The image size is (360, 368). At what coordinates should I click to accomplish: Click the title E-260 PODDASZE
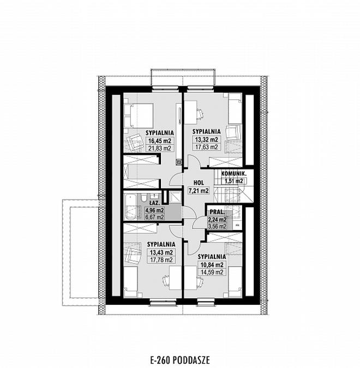pos(180,360)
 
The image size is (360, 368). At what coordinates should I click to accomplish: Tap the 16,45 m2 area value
pos(160,141)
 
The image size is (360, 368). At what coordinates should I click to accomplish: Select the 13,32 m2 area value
pos(207,140)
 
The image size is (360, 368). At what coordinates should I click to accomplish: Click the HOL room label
pos(199,183)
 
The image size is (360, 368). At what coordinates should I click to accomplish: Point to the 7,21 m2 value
pos(199,191)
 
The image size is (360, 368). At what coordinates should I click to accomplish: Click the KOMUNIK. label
pos(234,174)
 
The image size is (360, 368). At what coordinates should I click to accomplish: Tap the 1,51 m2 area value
pos(234,181)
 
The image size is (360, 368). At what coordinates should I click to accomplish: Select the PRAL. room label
pos(217,212)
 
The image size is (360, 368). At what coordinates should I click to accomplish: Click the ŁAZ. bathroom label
pos(155,202)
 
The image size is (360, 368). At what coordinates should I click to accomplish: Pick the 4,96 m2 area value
pos(154,210)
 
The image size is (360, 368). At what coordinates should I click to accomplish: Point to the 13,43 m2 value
pos(161,252)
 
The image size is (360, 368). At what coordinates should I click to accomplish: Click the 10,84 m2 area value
pos(212,265)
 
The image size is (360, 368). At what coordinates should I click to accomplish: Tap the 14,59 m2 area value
pos(212,272)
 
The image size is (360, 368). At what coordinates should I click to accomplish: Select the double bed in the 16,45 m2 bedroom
pos(139,116)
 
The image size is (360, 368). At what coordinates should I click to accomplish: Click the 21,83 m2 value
pos(160,148)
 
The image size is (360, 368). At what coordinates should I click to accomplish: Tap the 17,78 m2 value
pos(161,260)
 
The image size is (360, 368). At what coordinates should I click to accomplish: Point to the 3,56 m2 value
pos(217,226)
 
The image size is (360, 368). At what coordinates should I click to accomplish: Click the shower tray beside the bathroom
pos(175,197)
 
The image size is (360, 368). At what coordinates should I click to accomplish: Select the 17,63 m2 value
pos(207,147)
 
